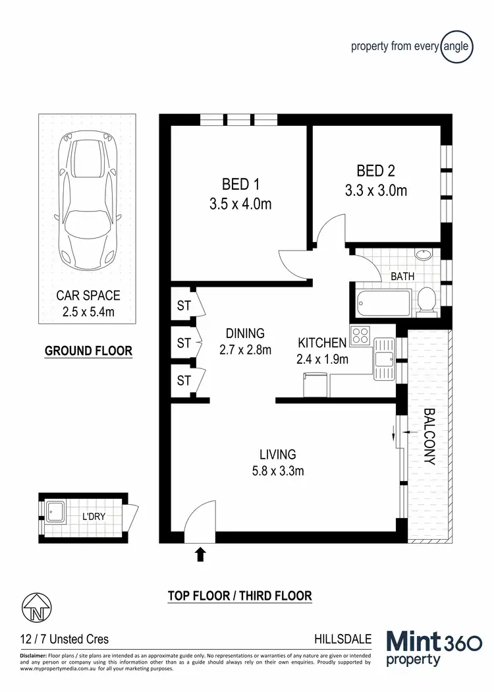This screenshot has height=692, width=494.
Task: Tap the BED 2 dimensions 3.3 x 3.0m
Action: click(376, 191)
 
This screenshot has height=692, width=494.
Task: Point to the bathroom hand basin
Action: click(423, 256)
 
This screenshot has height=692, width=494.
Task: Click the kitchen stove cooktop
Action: click(360, 336)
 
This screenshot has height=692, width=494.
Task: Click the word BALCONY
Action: click(429, 437)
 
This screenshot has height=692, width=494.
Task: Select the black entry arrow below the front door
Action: click(200, 554)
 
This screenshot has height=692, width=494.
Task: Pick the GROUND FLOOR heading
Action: click(88, 351)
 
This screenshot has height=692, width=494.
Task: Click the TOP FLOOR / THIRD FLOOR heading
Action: click(240, 596)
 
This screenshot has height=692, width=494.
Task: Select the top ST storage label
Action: click(184, 306)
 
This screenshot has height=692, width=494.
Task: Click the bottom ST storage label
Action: click(184, 380)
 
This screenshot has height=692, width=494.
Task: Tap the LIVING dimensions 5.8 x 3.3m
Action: click(277, 471)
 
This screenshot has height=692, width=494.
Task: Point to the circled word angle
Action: click(457, 46)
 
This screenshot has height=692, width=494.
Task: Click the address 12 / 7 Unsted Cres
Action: click(65, 639)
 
